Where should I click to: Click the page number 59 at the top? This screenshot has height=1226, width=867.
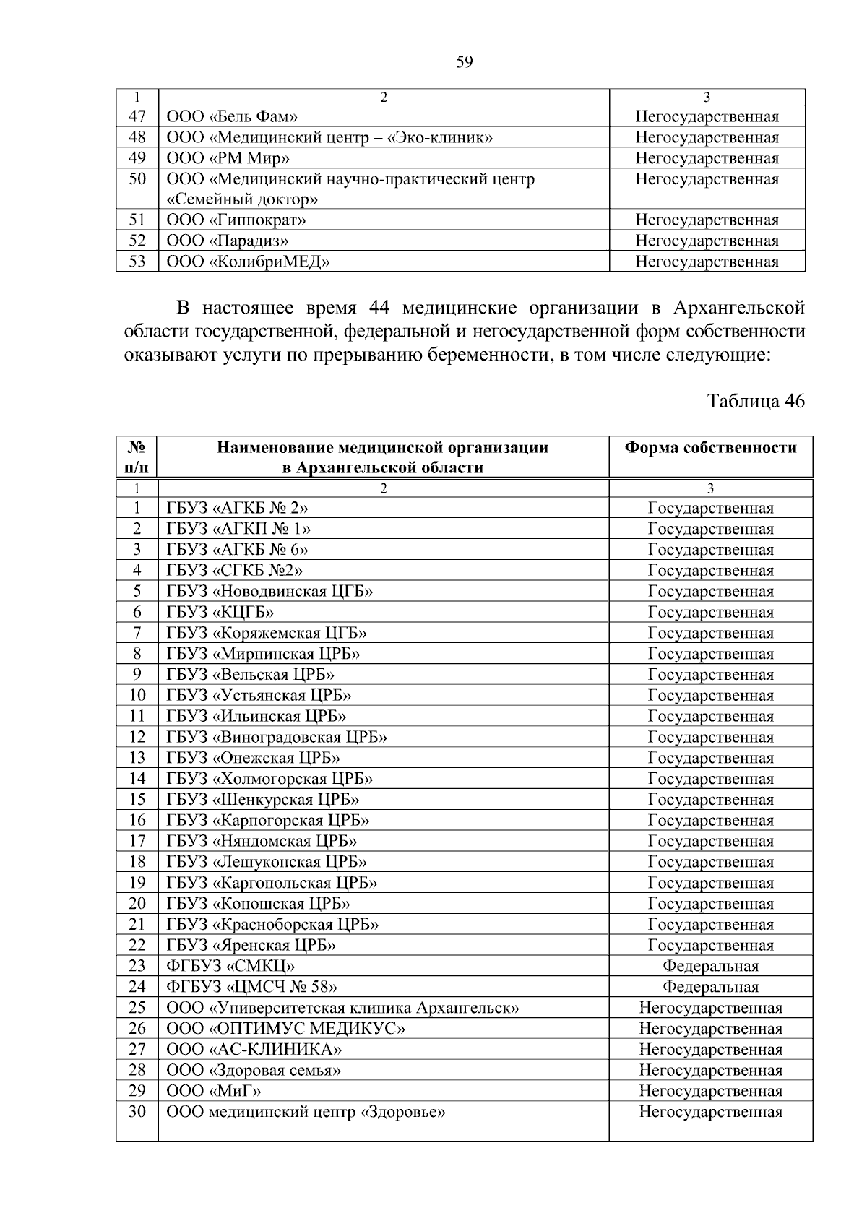pyautogui.click(x=465, y=63)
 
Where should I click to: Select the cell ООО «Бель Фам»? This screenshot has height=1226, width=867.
pyautogui.click(x=233, y=117)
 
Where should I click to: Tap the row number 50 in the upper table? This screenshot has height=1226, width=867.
pyautogui.click(x=137, y=179)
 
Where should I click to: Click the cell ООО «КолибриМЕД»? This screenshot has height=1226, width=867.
pyautogui.click(x=249, y=262)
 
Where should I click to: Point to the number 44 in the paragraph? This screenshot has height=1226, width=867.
pyautogui.click(x=379, y=308)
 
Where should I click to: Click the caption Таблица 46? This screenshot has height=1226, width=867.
pyautogui.click(x=756, y=402)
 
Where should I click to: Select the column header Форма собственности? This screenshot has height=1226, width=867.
pyautogui.click(x=710, y=448)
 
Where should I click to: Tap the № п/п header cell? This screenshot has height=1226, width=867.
pyautogui.click(x=137, y=457)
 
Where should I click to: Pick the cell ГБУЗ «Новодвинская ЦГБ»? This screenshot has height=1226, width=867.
pyautogui.click(x=270, y=592)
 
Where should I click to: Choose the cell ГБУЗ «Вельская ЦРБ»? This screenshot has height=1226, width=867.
pyautogui.click(x=251, y=675)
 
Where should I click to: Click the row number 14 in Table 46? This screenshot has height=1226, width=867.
pyautogui.click(x=137, y=779)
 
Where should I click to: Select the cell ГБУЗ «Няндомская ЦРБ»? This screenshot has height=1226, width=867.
pyautogui.click(x=262, y=842)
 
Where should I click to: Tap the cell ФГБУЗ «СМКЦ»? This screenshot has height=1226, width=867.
pyautogui.click(x=230, y=967)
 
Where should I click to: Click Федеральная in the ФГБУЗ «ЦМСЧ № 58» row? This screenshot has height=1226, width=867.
pyautogui.click(x=710, y=988)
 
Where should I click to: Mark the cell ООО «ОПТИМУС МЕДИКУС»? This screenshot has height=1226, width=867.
pyautogui.click(x=286, y=1029)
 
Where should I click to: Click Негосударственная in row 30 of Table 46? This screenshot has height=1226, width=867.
pyautogui.click(x=710, y=1113)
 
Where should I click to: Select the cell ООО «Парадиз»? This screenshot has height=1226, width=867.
pyautogui.click(x=228, y=241)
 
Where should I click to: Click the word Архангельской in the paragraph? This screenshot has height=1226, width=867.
pyautogui.click(x=738, y=308)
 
